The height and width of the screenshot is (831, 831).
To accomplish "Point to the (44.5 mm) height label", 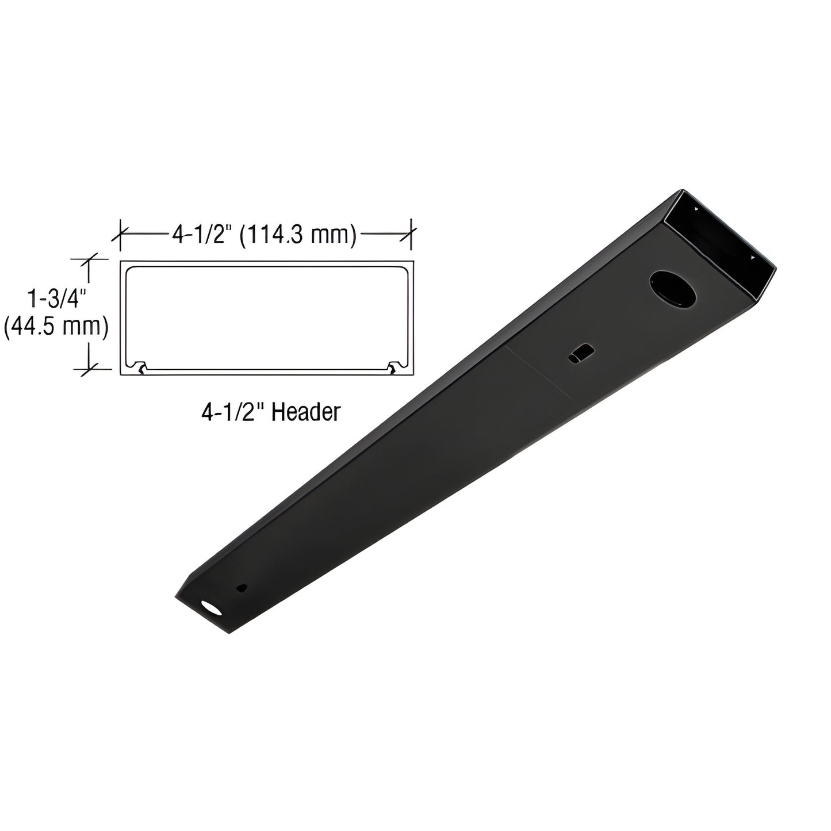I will tap(56, 327).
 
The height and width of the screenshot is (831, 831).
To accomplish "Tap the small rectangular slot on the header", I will tap(581, 354).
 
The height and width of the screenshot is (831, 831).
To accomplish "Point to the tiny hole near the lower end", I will tap(242, 588).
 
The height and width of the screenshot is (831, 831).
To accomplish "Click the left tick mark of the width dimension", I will tap(120, 235).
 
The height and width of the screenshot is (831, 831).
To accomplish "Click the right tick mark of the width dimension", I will tap(412, 235).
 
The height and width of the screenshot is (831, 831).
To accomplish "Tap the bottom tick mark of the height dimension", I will tap(89, 368).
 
